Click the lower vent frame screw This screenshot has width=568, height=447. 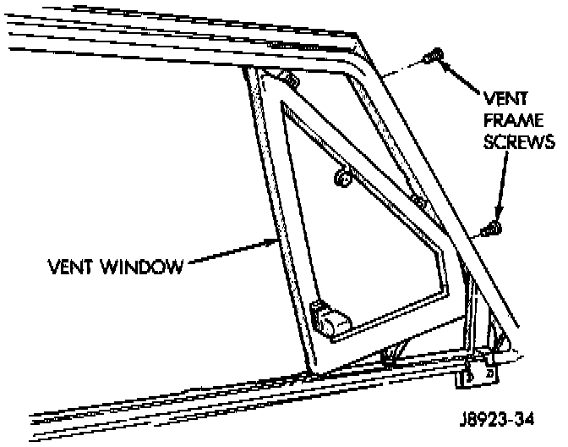pyautogui.click(x=489, y=229)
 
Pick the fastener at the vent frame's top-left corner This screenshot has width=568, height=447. pyautogui.click(x=290, y=80)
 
